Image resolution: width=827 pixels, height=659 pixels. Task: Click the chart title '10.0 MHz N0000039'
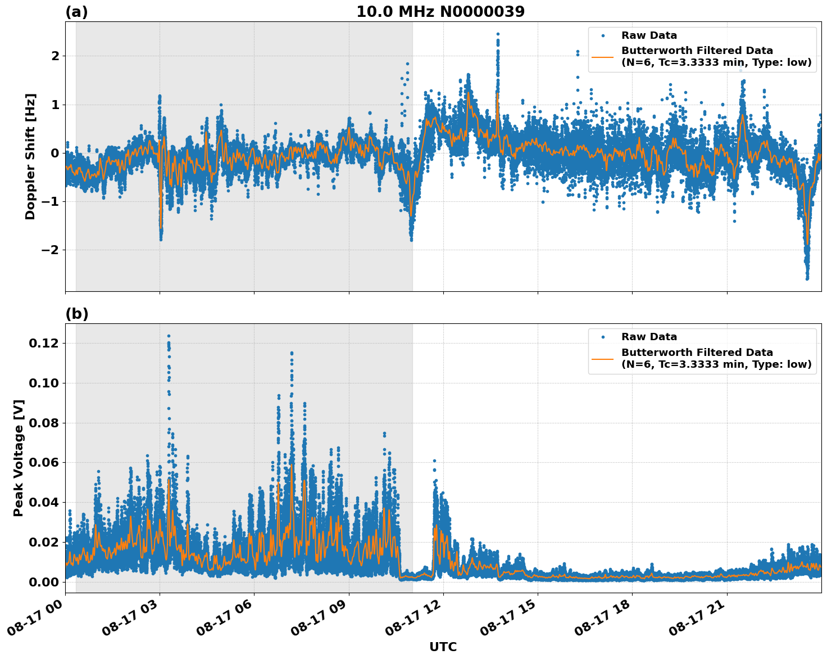[440, 12]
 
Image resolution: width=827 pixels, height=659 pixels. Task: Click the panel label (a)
[76, 12]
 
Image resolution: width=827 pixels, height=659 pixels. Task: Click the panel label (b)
[77, 314]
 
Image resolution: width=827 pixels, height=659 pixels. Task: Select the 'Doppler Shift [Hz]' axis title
[30, 156]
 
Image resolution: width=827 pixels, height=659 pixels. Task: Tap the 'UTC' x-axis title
[443, 647]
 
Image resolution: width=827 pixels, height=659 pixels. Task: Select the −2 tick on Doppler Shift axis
[49, 250]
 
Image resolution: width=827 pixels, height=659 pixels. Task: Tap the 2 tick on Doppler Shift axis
[55, 56]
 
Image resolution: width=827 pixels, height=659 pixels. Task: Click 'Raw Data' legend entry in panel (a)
[649, 35]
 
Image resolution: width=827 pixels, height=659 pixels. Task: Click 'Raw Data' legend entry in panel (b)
[649, 337]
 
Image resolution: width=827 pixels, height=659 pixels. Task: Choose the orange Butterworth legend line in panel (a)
[603, 57]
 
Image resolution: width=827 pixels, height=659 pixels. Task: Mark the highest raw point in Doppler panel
[498, 34]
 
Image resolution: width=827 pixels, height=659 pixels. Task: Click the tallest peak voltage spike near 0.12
[169, 336]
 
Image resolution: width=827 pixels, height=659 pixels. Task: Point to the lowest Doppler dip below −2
[807, 278]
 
